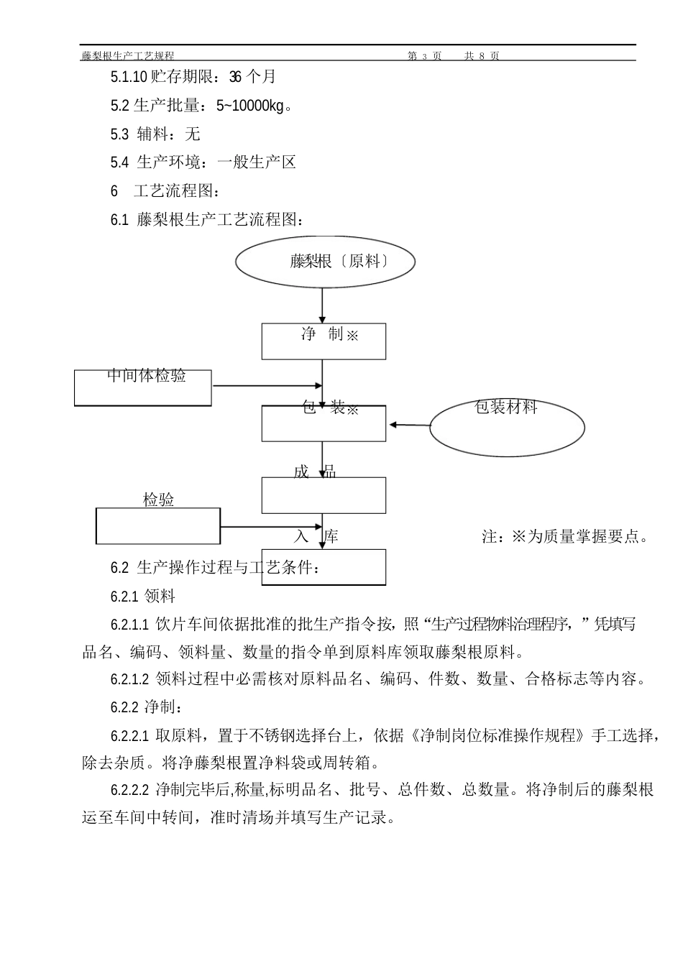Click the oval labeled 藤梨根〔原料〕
point(325,262)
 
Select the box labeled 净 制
point(324,341)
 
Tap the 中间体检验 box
point(143,387)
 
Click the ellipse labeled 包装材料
point(507,427)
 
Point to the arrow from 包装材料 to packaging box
point(408,425)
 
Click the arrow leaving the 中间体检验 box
point(266,386)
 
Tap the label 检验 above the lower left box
point(158,500)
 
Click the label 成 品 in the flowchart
point(315,472)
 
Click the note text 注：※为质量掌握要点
point(565,537)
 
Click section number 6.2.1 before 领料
point(124,597)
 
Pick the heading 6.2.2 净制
point(142,707)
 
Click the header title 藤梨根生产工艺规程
point(127,55)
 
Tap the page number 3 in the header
point(424,55)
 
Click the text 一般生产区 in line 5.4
point(257,162)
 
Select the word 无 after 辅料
point(193,134)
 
